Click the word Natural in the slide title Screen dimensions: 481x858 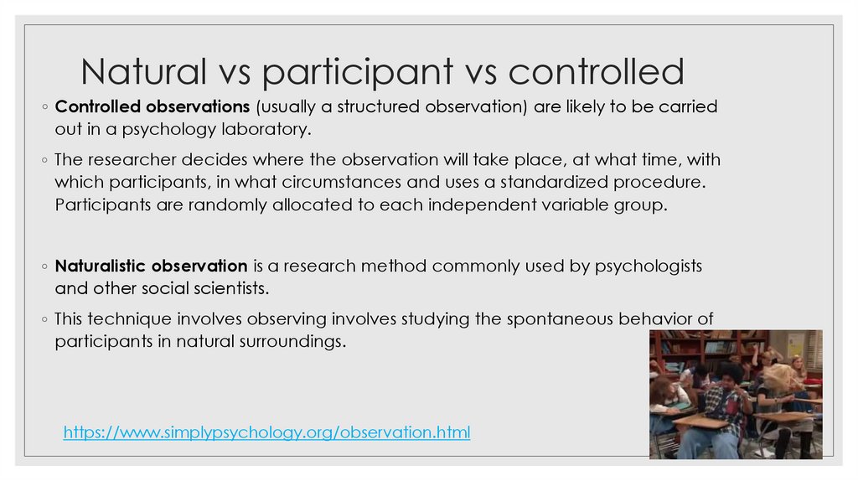coord(143,72)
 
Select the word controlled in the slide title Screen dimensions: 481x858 coord(596,72)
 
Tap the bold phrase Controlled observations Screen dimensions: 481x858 coord(152,108)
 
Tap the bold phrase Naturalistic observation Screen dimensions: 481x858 coord(151,267)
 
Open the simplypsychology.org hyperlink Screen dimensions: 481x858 coord(267,432)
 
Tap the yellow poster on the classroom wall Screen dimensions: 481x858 coord(793,344)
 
